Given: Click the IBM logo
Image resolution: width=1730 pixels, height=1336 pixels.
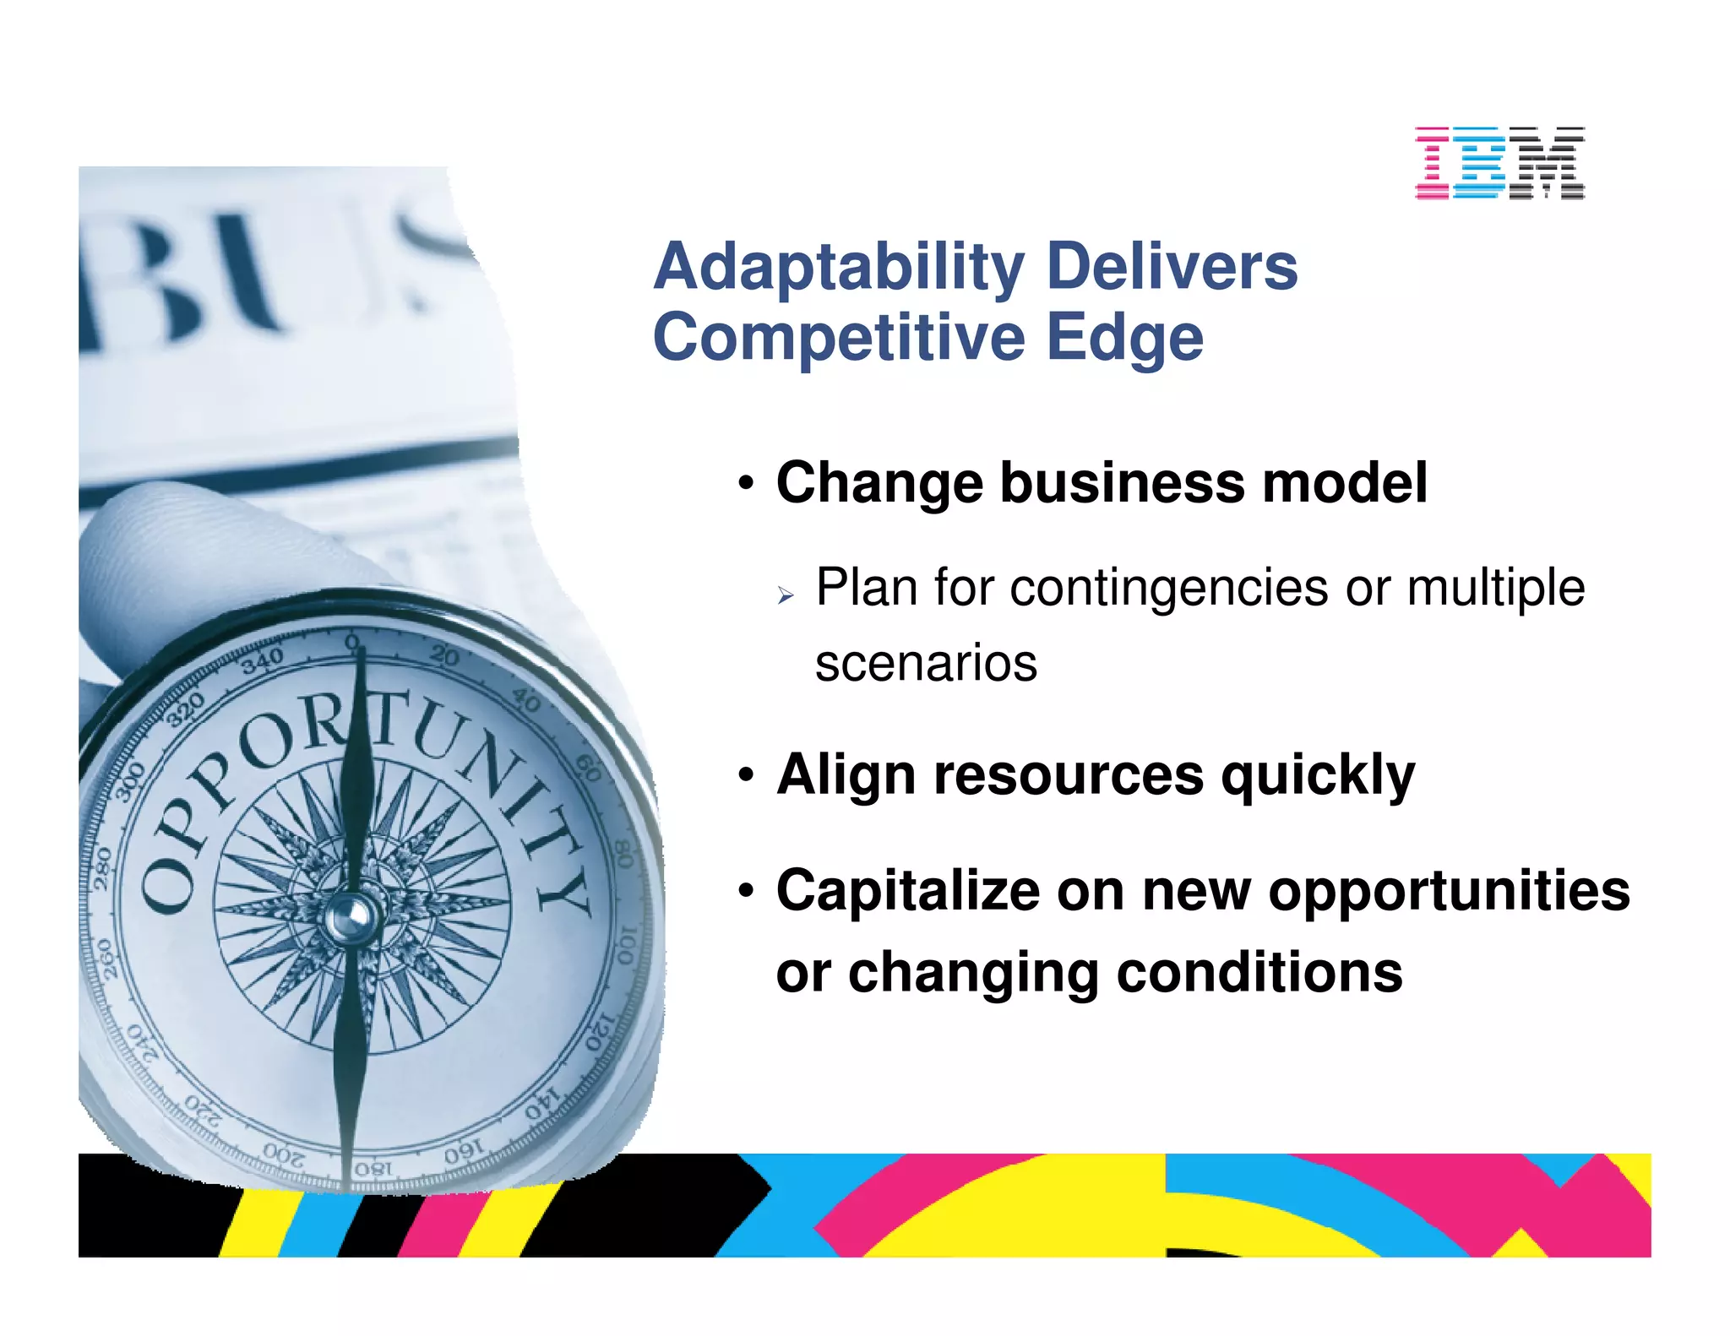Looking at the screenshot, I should pyautogui.click(x=1499, y=163).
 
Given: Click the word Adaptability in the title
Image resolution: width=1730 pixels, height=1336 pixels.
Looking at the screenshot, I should pyautogui.click(x=839, y=268).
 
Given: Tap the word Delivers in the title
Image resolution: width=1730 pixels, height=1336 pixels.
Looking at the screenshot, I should pyautogui.click(x=1172, y=266).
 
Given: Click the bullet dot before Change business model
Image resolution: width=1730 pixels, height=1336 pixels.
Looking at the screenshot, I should pyautogui.click(x=745, y=485).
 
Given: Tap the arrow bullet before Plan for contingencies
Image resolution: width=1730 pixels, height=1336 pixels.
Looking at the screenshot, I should pyautogui.click(x=786, y=596).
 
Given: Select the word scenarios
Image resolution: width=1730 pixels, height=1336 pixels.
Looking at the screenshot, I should pyautogui.click(x=926, y=664).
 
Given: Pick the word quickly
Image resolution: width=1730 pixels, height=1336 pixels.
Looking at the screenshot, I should pyautogui.click(x=1318, y=775).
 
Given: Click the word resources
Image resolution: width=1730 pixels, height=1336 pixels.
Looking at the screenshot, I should pyautogui.click(x=1069, y=774).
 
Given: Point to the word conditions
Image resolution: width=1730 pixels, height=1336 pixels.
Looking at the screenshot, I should pyautogui.click(x=1259, y=973).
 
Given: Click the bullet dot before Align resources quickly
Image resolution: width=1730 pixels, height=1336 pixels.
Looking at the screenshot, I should pyautogui.click(x=745, y=774).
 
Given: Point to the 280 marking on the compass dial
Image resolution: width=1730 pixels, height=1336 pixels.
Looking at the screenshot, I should pyautogui.click(x=103, y=868).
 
